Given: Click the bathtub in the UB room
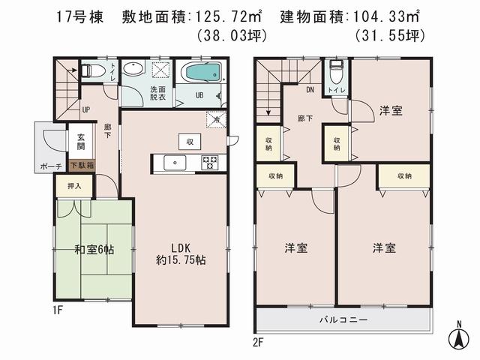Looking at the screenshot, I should (201, 73).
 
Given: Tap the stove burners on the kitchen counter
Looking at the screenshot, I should (208, 161).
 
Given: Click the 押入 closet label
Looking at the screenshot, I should (73, 184).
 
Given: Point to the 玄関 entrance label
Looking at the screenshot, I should (79, 142).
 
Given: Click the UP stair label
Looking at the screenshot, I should (86, 109).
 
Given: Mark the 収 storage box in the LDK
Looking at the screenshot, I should (188, 141).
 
